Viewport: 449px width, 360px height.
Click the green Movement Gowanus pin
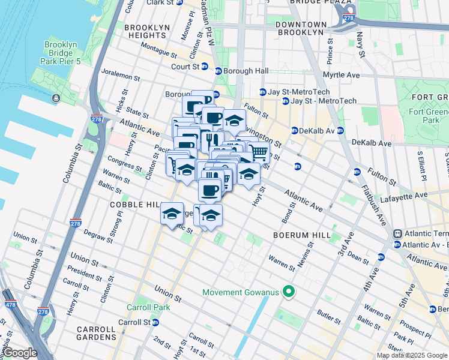(289, 293)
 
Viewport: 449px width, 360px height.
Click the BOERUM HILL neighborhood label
(301, 235)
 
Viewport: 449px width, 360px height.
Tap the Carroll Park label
(148, 307)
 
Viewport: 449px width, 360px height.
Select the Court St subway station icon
(205, 67)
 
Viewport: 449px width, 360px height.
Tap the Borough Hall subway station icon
(218, 71)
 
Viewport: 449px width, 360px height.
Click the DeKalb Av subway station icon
(295, 130)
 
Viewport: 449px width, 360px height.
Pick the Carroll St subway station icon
(155, 322)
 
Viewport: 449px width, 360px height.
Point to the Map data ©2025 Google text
(411, 355)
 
